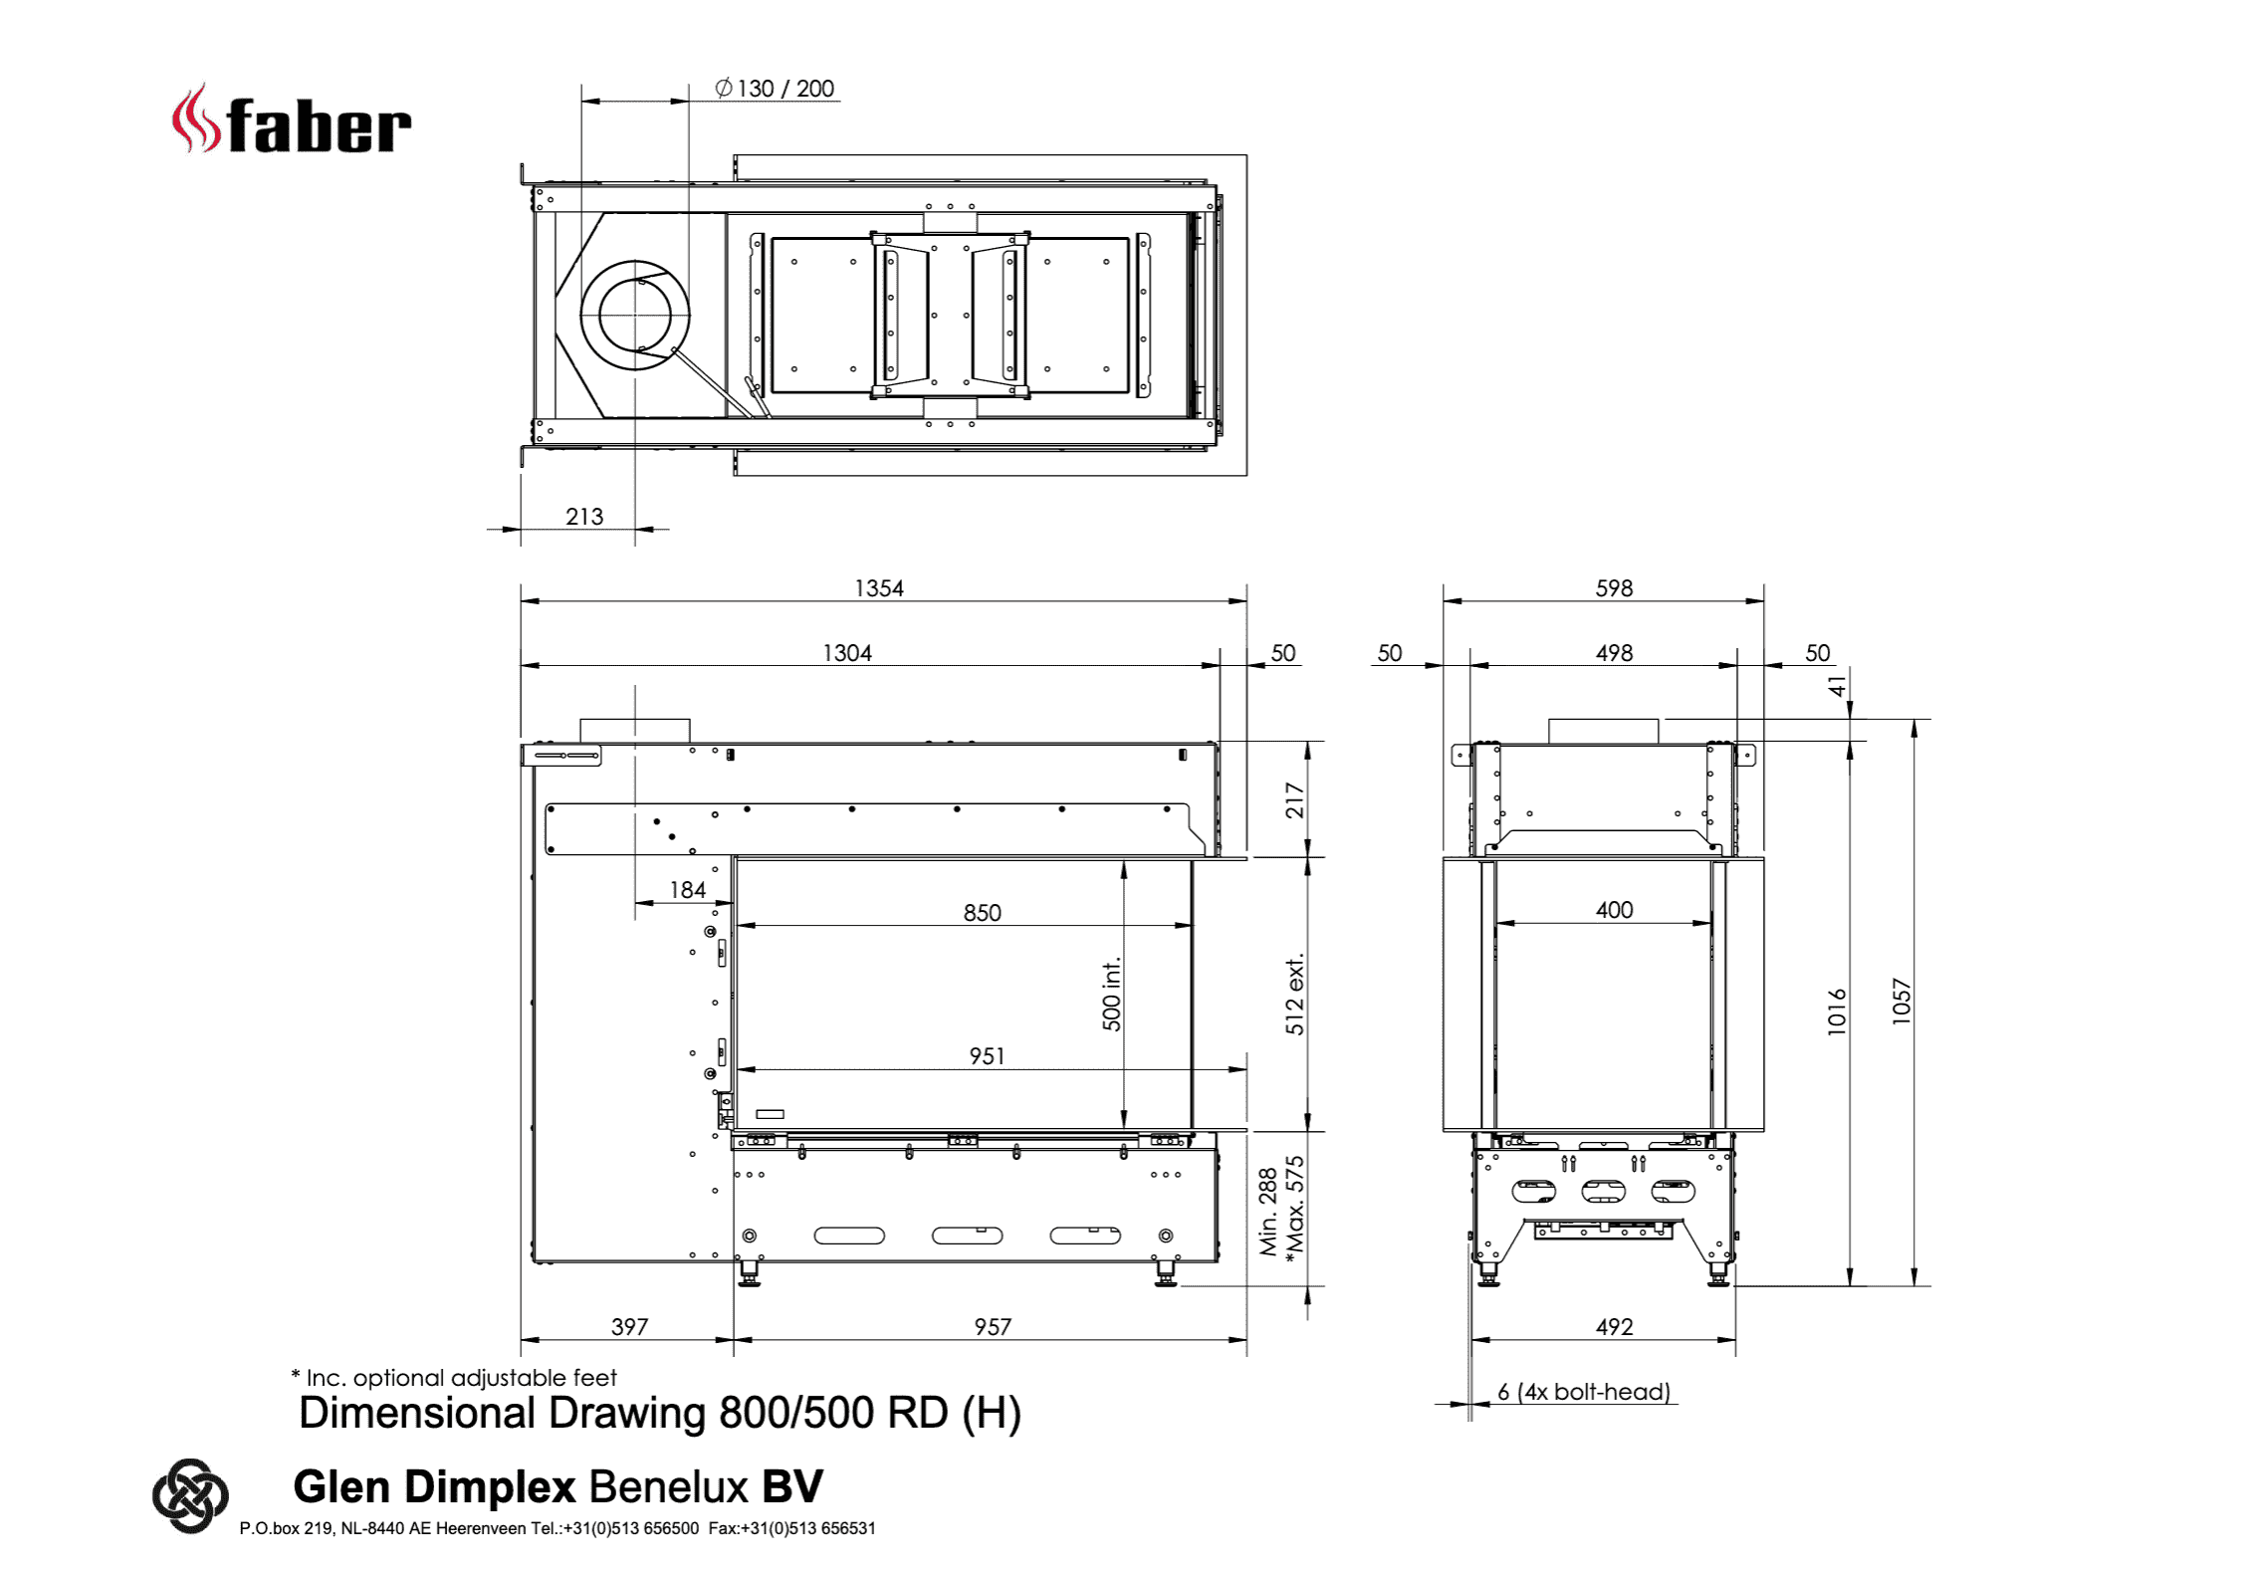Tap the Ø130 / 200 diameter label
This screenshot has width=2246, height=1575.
775,89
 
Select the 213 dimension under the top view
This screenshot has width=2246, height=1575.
584,516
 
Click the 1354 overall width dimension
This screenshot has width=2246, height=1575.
879,588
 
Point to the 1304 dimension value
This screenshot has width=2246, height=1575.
847,653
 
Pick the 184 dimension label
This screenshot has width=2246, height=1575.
687,890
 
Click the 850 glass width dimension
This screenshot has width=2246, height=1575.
982,913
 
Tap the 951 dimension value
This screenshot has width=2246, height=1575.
987,1056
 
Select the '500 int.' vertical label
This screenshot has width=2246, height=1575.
1111,994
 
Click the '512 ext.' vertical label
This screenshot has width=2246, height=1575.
1294,995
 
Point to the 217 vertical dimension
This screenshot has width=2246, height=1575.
1294,800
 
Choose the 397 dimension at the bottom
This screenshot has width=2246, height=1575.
629,1327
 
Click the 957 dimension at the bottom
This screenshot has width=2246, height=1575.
993,1327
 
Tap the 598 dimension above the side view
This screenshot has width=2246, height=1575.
1614,588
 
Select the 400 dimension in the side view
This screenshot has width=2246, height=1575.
1614,910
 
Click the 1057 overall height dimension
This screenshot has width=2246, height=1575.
1902,1001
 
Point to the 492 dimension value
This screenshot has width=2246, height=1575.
1614,1327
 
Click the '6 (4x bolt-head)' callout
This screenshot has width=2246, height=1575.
1584,1392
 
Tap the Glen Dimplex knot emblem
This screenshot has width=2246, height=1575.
190,1495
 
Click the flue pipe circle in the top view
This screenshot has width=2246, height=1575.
635,315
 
